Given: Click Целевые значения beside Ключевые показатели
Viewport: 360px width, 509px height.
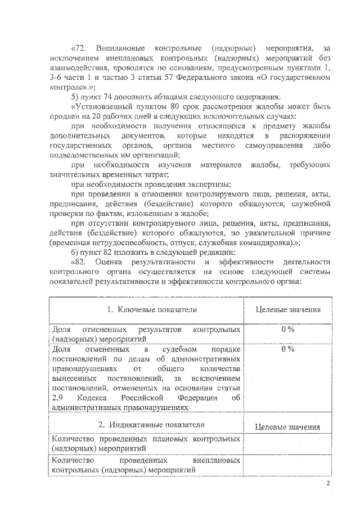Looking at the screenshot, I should (288, 309).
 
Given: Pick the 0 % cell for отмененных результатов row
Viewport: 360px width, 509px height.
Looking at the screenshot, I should (288, 330).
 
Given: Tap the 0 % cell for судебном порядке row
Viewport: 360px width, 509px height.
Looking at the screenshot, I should (288, 349).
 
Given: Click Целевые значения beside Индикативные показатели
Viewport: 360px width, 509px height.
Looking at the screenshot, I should (288, 427).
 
